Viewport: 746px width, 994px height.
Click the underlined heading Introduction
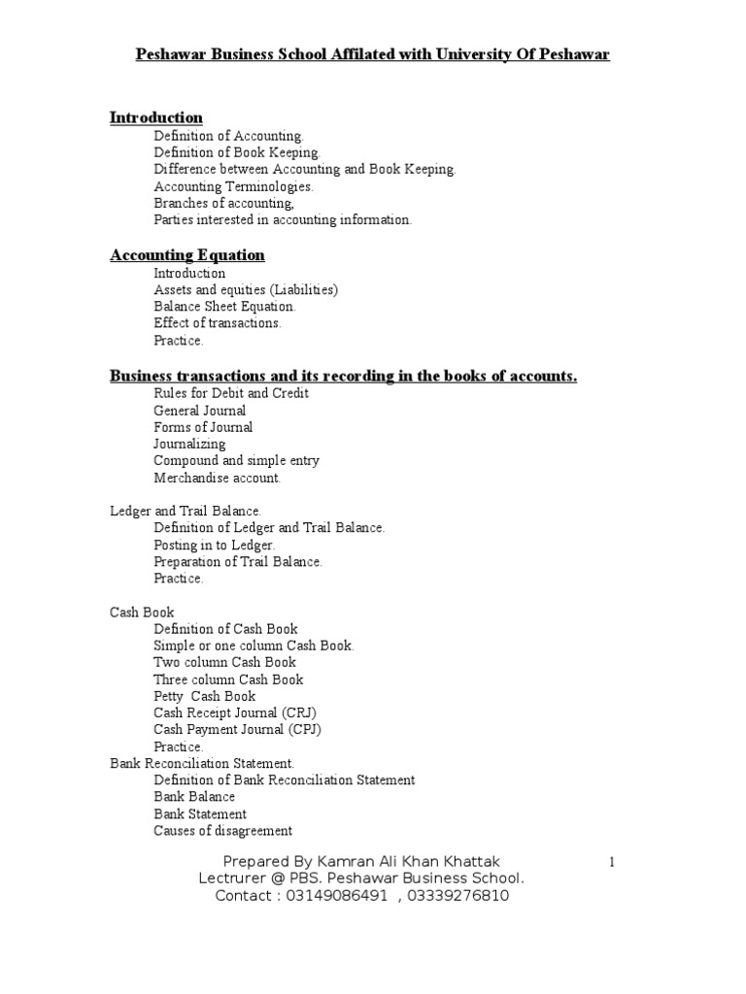point(156,117)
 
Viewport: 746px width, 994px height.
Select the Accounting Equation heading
point(187,255)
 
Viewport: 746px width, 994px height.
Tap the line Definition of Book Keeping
point(236,152)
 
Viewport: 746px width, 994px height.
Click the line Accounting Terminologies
point(233,186)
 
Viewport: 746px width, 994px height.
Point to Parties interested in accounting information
point(283,220)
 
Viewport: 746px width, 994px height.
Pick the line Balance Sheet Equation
point(224,307)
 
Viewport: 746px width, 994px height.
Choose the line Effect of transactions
point(218,323)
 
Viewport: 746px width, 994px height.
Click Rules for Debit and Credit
point(231,393)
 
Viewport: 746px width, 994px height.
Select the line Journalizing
point(189,444)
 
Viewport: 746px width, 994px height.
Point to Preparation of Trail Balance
point(238,562)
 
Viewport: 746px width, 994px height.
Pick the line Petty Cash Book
point(205,696)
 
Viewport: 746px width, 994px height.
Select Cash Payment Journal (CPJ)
point(237,729)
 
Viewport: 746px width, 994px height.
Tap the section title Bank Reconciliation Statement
point(202,764)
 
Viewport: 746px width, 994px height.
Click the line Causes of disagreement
point(223,831)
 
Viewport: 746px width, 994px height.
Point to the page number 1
point(612,862)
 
